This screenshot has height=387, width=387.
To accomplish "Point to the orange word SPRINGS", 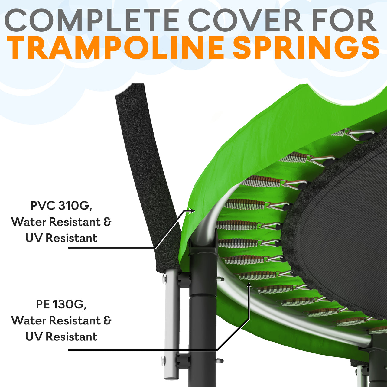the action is [x=306, y=47].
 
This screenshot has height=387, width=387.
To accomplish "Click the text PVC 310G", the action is [x=61, y=206].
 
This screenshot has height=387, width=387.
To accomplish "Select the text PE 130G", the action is [x=61, y=304].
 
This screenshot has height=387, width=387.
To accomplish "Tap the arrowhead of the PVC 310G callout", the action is [x=192, y=210].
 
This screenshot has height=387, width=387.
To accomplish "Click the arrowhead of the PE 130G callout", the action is [x=249, y=285].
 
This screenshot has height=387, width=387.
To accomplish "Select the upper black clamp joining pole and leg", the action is [x=184, y=279].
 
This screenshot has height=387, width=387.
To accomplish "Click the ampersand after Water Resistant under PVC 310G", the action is [x=107, y=222].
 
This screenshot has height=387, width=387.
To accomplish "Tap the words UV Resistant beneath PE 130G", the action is [x=61, y=337].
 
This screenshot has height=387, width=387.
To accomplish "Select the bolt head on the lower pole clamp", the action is [x=164, y=361].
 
